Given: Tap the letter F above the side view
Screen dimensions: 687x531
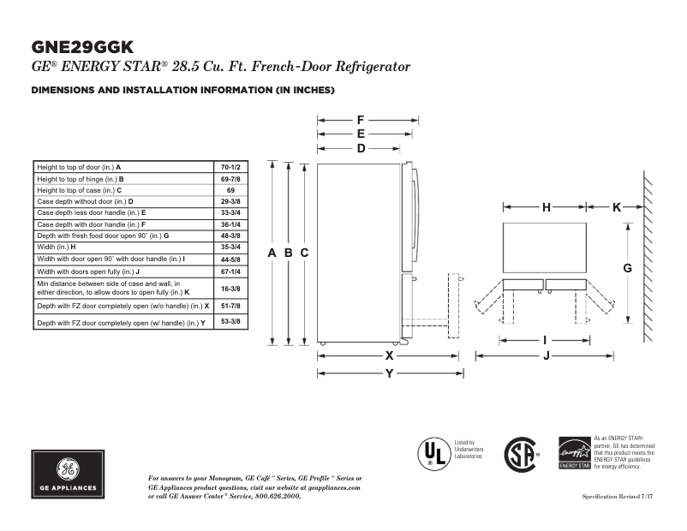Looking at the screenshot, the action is (361, 120).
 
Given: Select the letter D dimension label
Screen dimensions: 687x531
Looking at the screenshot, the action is (361, 148).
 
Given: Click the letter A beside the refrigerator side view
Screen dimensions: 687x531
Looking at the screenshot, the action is (272, 253).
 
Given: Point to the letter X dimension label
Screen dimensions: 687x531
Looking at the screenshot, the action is (389, 355).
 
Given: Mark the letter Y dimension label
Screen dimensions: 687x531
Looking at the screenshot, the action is (389, 373).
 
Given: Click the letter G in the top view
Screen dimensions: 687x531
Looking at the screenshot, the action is (628, 268).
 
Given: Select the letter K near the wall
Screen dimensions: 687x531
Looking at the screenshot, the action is (617, 206).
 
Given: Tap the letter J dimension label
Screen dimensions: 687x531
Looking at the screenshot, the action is (546, 356).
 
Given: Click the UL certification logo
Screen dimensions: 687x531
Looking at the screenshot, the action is (433, 453).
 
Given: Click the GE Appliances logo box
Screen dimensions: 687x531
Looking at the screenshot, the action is (69, 474).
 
